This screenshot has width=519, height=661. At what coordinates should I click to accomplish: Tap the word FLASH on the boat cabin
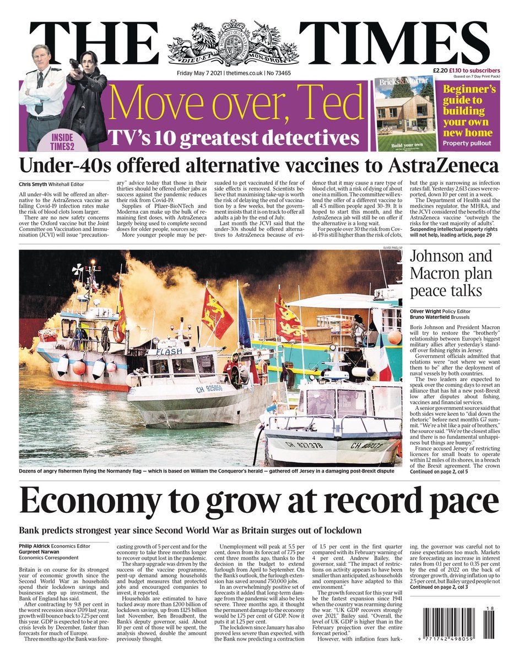(x=169, y=351)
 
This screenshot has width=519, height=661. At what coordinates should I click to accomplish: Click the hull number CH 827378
(x=304, y=443)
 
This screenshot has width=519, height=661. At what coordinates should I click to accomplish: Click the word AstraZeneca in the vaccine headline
(x=442, y=166)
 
